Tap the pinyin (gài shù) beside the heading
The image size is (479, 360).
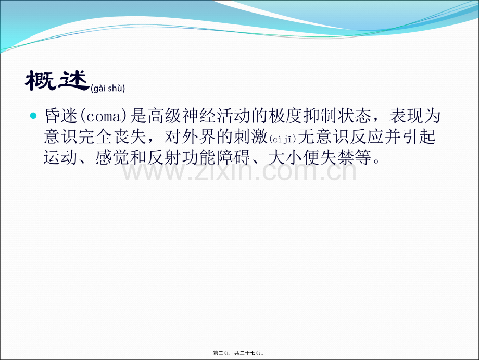pos(108,89)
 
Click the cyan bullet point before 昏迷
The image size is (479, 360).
pos(34,114)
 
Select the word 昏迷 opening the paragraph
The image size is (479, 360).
pos(60,116)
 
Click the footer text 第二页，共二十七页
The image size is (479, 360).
pos(240,353)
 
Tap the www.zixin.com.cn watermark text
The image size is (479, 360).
pos(240,170)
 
